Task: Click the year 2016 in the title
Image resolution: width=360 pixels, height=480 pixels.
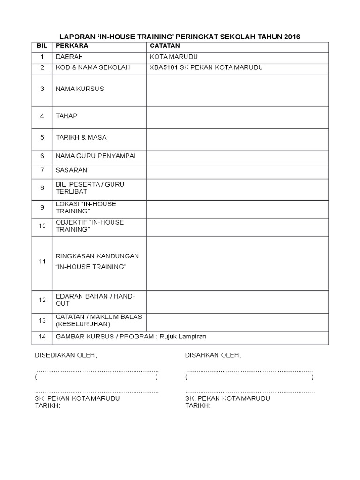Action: (x=291, y=37)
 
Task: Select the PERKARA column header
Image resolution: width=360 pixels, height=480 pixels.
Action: (x=72, y=46)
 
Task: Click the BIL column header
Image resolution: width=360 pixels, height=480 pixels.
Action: (x=42, y=46)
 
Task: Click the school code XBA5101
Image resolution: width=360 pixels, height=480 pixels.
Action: (x=163, y=67)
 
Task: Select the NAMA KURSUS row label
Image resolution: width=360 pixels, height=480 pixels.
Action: (x=80, y=89)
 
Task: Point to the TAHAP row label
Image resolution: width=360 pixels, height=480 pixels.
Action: (x=66, y=116)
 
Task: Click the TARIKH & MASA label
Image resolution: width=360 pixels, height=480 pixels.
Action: (x=81, y=137)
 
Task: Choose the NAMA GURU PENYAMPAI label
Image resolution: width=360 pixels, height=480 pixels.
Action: (x=95, y=156)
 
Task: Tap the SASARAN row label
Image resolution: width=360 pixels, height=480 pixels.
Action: (x=71, y=170)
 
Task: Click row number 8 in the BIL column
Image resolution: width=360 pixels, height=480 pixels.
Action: (x=42, y=188)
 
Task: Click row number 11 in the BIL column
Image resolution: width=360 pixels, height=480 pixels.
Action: (x=42, y=262)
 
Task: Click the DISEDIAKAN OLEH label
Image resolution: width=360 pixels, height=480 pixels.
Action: (x=66, y=356)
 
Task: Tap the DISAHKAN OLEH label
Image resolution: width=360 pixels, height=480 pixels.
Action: (x=213, y=356)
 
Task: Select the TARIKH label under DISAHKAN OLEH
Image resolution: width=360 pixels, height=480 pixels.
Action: (x=198, y=405)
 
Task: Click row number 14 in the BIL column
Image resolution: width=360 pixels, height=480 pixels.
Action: (x=42, y=337)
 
